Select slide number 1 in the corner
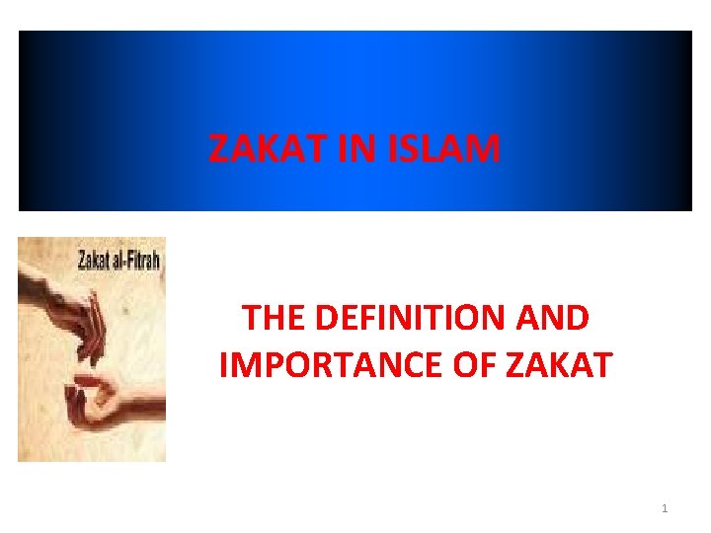(665, 508)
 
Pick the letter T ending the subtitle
(601, 363)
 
